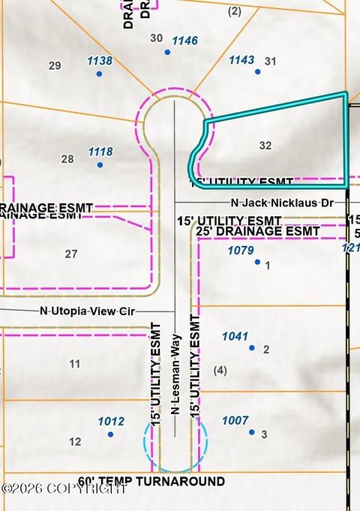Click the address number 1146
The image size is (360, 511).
click(184, 41)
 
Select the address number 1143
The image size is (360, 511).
click(241, 60)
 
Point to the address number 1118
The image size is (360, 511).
click(100, 152)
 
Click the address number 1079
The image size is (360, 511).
click(240, 251)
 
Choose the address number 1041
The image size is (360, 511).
click(235, 337)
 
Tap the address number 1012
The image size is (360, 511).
click(111, 422)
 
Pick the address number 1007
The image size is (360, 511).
click(235, 421)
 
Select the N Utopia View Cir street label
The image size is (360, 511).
click(88, 311)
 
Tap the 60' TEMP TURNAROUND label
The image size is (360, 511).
click(151, 481)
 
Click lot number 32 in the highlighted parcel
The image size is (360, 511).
click(265, 146)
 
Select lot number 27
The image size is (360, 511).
click(71, 254)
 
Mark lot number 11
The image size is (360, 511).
click(74, 364)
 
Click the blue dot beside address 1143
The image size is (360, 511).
click(257, 72)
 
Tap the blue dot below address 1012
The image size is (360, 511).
click(110, 434)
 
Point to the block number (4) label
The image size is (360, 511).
click(220, 370)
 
